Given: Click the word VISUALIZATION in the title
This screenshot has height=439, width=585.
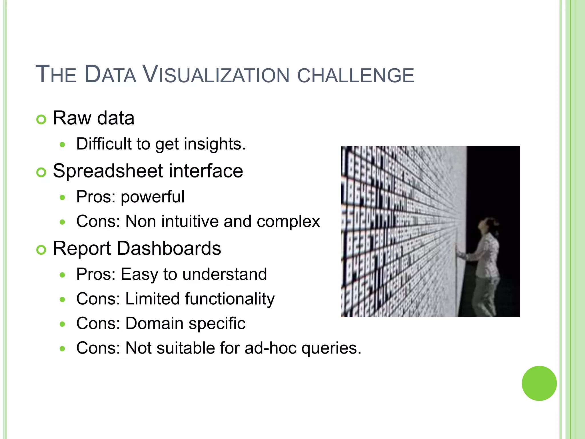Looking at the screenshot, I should coord(216,75).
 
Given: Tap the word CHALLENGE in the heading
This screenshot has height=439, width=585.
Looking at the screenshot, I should coord(355,75).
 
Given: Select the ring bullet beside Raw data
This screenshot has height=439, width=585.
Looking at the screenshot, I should coord(41,119).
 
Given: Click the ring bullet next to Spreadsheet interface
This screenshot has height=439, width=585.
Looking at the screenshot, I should coord(41,172).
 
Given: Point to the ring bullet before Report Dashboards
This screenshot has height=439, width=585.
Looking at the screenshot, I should coord(41,250).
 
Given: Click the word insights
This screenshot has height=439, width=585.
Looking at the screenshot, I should coord(215,144).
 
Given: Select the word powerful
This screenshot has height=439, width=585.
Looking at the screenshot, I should coord(153,197).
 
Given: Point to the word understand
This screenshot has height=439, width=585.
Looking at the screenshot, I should coord(225,274).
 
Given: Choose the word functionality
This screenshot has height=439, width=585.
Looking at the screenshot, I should coord(230,299).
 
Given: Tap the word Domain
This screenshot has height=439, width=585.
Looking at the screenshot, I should coord(154,324).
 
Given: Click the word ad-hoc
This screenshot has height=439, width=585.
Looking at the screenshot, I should coord(271,348).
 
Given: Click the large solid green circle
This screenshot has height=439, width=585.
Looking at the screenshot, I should coord(539,383).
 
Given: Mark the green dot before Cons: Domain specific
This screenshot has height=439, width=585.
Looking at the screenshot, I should coord(63,324).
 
